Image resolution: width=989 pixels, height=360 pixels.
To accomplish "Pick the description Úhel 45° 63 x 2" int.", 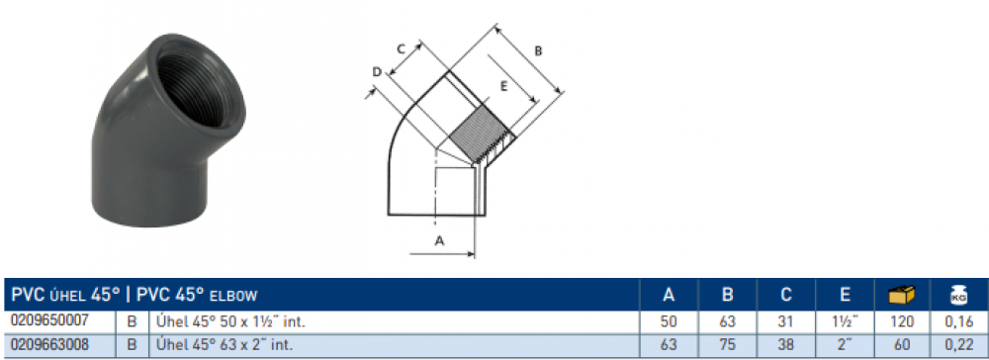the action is pyautogui.click(x=224, y=345).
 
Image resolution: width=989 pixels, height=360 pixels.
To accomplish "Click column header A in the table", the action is pyautogui.click(x=670, y=295).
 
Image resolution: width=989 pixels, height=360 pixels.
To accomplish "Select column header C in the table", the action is pyautogui.click(x=785, y=295).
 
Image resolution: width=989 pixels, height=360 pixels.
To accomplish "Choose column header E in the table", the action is pyautogui.click(x=846, y=295).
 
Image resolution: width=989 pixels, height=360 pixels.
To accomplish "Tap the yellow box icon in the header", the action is pyautogui.click(x=901, y=295).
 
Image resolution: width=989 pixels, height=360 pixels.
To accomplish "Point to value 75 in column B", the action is pyautogui.click(x=727, y=345).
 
